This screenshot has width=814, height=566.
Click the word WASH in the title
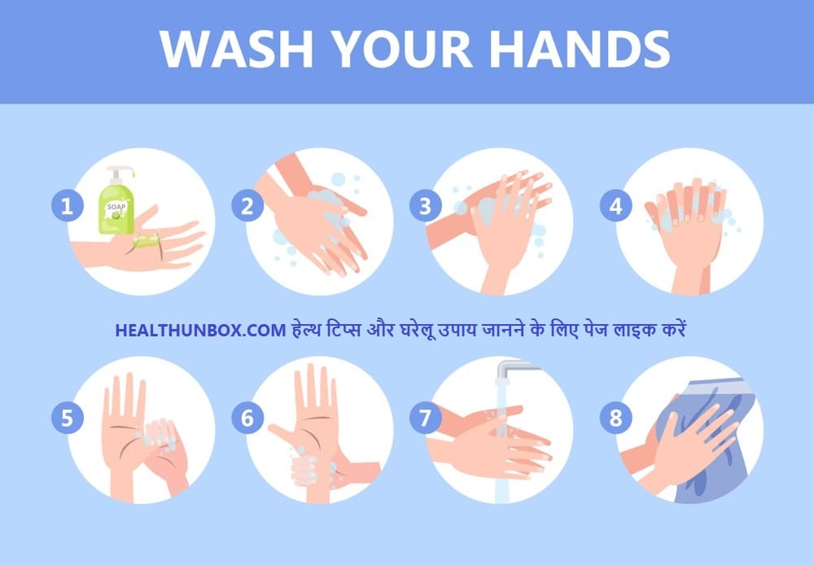(236, 49)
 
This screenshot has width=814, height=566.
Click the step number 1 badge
(67, 206)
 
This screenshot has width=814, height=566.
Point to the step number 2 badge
(247, 206)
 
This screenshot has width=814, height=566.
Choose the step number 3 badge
(425, 206)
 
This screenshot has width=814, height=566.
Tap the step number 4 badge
(615, 206)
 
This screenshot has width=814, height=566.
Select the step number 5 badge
(67, 418)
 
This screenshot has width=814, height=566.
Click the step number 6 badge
(247, 418)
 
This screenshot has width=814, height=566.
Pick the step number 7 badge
(425, 418)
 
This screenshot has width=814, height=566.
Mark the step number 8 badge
(615, 418)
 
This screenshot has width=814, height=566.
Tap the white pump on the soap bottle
(120, 174)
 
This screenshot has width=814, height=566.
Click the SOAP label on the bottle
(116, 207)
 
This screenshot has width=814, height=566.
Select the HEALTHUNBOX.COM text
(200, 331)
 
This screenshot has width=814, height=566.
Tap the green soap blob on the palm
(146, 240)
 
